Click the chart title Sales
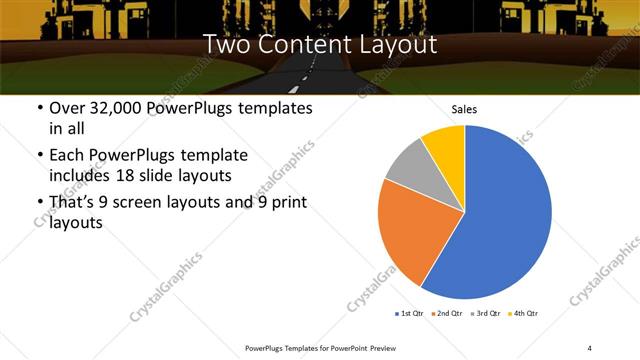click(x=464, y=109)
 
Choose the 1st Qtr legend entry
click(x=410, y=314)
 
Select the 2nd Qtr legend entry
click(x=447, y=314)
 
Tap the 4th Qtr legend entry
click(x=524, y=314)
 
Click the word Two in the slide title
click(x=225, y=45)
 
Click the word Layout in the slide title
click(x=396, y=45)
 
